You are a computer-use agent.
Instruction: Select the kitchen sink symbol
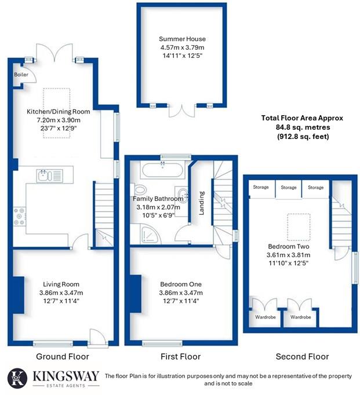pyautogui.click(x=44, y=174)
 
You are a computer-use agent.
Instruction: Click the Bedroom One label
pyautogui.click(x=181, y=284)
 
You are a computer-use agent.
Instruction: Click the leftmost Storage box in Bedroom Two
pyautogui.click(x=260, y=188)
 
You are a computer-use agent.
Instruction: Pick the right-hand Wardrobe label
pyautogui.click(x=301, y=317)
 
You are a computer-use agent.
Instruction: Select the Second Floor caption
pyautogui.click(x=301, y=356)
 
